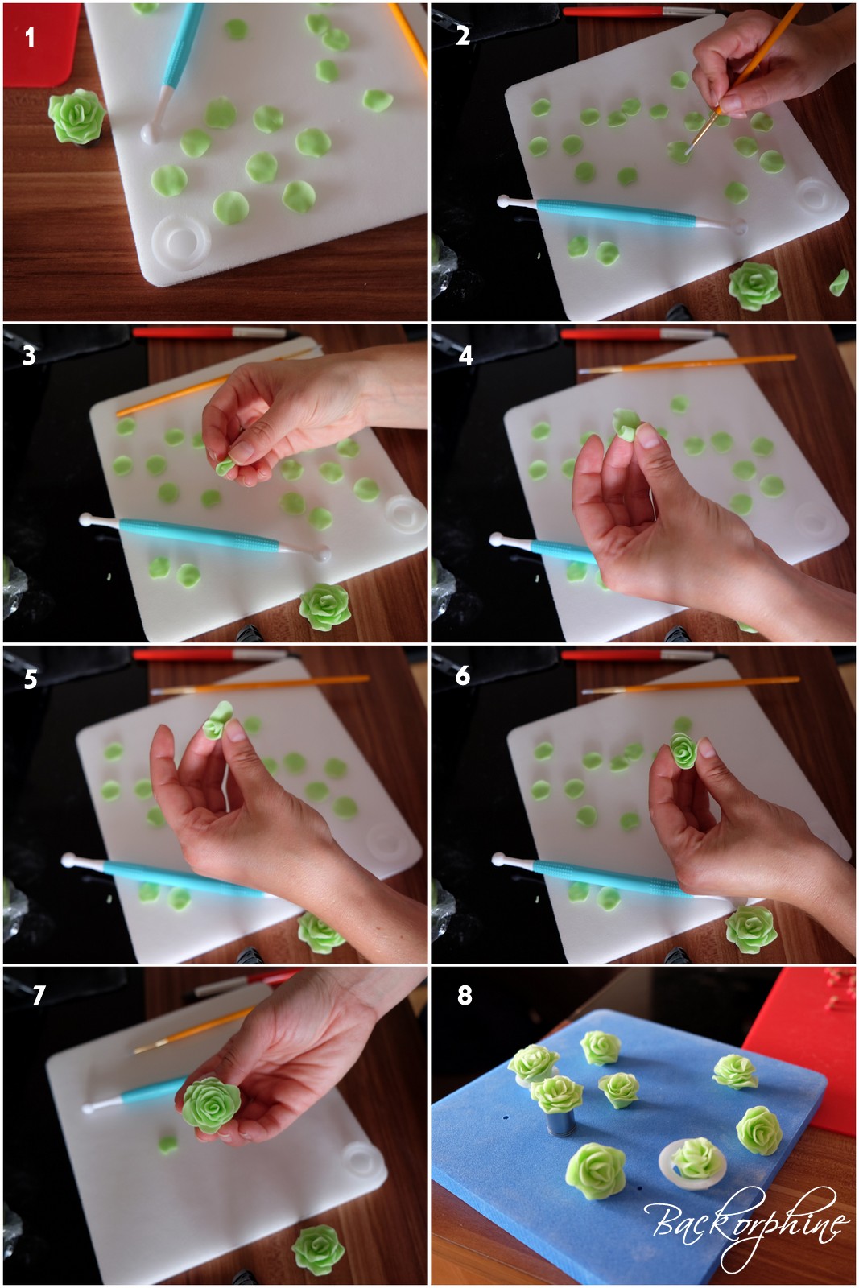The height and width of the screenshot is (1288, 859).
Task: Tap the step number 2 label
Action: [463, 35]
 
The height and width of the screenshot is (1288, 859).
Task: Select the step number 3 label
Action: [29, 357]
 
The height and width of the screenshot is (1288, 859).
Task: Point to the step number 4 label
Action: [465, 356]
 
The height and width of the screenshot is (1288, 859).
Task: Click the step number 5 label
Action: [31, 679]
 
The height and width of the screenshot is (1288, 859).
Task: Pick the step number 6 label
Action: [464, 676]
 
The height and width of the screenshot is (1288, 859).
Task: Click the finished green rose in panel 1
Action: [76, 117]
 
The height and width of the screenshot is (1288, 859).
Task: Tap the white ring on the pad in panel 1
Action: [181, 242]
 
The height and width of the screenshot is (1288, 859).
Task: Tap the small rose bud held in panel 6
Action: [683, 750]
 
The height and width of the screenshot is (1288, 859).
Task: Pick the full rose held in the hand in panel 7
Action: [211, 1105]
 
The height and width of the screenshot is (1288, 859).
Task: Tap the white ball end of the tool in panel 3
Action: [324, 555]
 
